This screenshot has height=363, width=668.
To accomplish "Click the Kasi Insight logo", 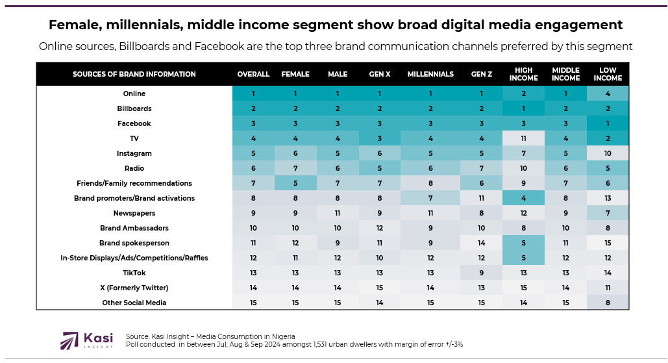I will point(86,340).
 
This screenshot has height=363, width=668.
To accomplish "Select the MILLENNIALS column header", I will point(430,74).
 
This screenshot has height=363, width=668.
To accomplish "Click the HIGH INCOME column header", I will point(523,74).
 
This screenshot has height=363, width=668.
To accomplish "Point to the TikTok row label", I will point(134,273).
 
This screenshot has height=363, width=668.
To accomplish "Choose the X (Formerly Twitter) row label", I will point(134,288).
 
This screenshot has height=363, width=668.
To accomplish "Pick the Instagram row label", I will point(134,153).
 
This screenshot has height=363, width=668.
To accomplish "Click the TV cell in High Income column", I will point(523,138).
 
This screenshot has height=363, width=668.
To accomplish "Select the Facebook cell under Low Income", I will point(607,123).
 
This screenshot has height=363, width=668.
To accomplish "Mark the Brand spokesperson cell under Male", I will point(338,243).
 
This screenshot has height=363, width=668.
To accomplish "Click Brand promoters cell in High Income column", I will point(523,198).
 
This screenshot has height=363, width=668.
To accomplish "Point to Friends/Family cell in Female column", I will point(295,183).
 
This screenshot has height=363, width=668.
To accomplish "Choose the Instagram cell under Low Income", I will point(607,153).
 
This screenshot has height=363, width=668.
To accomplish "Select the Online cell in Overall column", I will point(253,94).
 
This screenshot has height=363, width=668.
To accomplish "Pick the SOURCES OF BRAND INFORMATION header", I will point(134,74).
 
